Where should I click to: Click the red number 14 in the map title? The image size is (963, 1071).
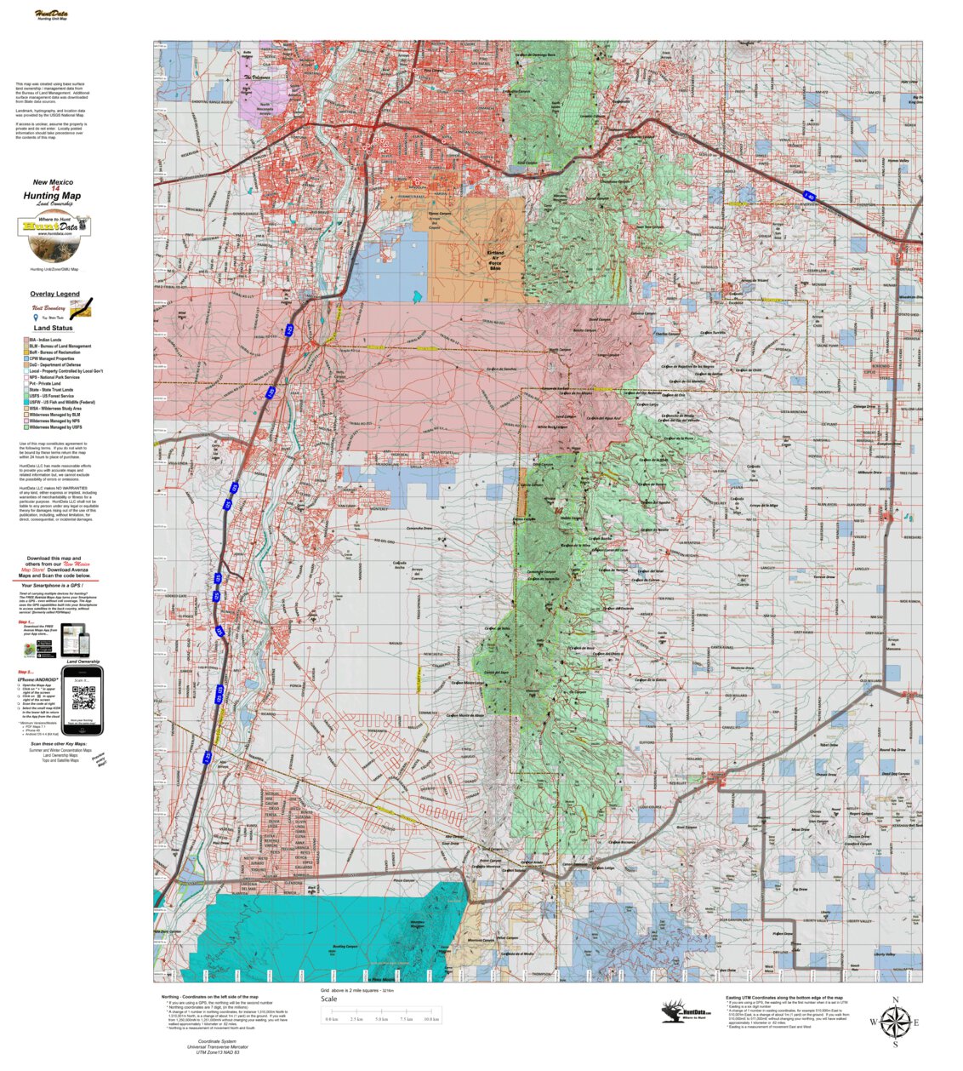(x=54, y=188)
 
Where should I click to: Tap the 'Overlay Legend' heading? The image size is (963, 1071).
(x=55, y=294)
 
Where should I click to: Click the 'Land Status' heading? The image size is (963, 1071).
(x=54, y=328)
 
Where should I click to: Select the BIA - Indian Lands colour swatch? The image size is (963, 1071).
(x=26, y=340)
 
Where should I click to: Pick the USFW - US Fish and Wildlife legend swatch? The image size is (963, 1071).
(x=26, y=402)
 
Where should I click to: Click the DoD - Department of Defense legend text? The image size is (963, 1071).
(x=55, y=365)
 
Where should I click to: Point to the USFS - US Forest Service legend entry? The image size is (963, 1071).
(x=51, y=396)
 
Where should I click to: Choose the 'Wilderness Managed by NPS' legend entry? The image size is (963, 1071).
(x=54, y=421)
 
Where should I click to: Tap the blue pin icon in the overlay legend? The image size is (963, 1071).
(x=36, y=317)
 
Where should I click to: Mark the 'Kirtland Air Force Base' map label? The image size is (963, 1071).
(x=495, y=259)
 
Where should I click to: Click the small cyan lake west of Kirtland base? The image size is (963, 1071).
(x=416, y=298)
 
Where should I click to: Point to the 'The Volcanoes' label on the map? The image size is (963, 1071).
(x=257, y=77)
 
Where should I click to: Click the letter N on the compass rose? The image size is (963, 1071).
(x=895, y=1000)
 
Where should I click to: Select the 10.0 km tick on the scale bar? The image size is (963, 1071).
(x=431, y=1019)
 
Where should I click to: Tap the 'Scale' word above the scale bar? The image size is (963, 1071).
(x=328, y=999)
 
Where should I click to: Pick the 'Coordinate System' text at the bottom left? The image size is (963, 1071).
(x=217, y=1041)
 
